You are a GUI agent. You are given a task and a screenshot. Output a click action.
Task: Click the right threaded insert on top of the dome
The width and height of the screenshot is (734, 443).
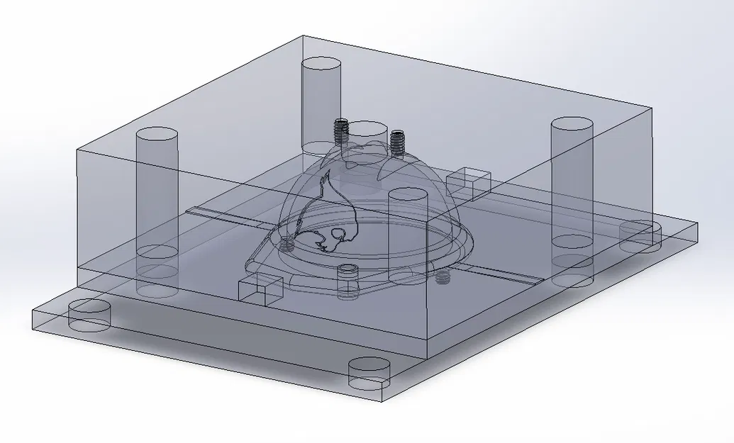pos(397,142)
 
